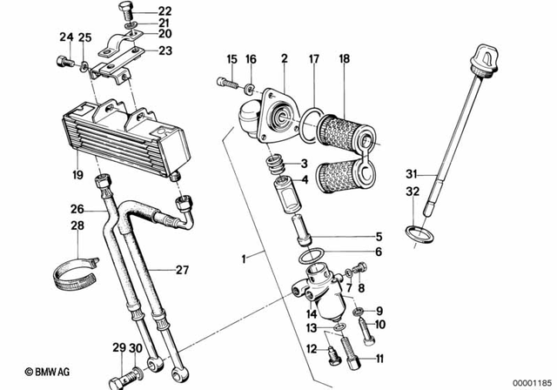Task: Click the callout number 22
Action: (166, 10)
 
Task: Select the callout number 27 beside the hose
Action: (181, 270)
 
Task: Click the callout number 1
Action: (245, 259)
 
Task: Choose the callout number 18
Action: (345, 59)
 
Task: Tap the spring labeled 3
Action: (277, 164)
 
